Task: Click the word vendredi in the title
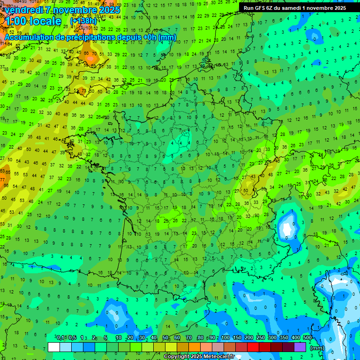(23, 10)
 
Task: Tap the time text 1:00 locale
(33, 21)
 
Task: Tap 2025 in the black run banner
(337, 7)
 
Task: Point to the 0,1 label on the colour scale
(60, 337)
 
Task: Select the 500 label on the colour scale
(307, 337)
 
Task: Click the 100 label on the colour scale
(225, 337)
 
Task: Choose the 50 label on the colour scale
(165, 337)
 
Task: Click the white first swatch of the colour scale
(54, 347)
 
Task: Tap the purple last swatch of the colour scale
(300, 347)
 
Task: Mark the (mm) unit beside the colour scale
(317, 348)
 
